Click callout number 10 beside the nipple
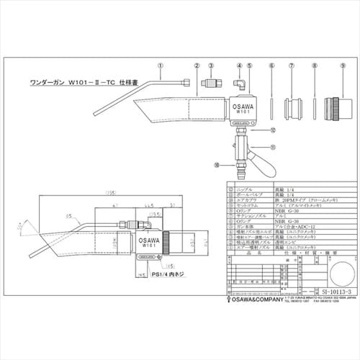[217, 165]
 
